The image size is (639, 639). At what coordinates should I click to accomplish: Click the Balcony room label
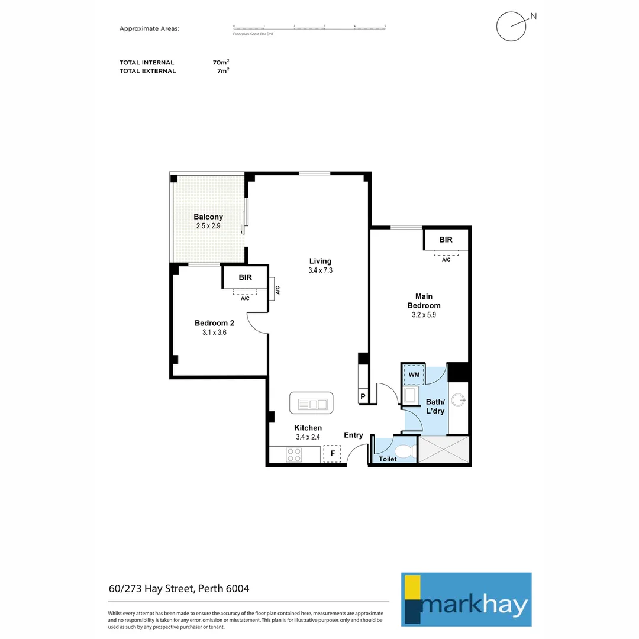click(208, 217)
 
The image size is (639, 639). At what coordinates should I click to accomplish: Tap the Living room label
click(320, 261)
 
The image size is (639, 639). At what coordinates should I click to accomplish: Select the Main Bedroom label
click(424, 301)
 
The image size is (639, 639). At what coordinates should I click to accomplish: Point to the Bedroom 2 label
click(214, 323)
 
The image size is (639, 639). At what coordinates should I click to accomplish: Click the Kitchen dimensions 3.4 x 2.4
click(308, 437)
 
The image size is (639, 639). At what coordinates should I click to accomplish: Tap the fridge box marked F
click(332, 454)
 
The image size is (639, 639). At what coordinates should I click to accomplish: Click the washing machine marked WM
click(414, 375)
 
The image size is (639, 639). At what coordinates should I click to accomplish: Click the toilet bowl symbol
click(404, 452)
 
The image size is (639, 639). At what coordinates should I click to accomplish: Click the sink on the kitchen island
click(311, 404)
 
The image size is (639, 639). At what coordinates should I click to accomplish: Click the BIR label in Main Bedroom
click(446, 240)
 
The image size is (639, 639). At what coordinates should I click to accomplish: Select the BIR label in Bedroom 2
click(245, 277)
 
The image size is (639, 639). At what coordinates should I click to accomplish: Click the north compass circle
click(511, 27)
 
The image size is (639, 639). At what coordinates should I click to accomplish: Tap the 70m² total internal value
click(221, 62)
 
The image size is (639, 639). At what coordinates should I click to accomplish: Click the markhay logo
click(466, 599)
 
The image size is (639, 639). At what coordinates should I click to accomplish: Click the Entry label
click(353, 435)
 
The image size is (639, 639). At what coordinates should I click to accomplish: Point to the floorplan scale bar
click(309, 27)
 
